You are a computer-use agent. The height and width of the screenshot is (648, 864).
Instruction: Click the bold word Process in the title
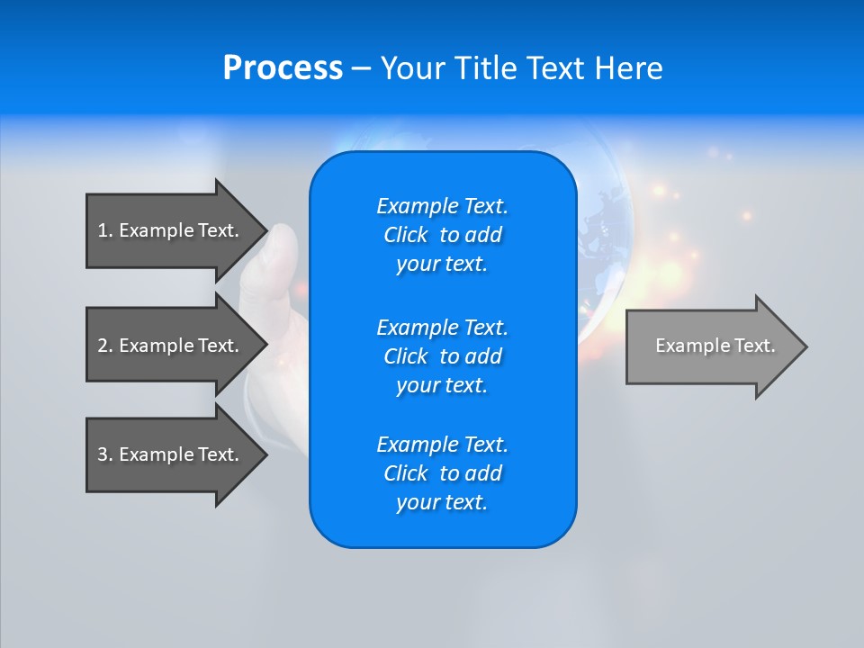(x=283, y=68)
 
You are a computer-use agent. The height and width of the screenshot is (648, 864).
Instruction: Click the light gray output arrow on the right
(x=711, y=346)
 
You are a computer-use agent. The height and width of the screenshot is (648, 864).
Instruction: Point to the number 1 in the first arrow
(x=103, y=230)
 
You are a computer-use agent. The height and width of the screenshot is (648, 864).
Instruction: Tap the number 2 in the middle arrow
(x=103, y=346)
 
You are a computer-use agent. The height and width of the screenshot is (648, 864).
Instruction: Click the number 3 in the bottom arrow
(x=103, y=454)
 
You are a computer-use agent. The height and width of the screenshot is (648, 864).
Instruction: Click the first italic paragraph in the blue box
(x=442, y=235)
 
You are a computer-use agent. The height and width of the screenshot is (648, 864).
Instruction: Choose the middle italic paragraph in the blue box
(x=442, y=355)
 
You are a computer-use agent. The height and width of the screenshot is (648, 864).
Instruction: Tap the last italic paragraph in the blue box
(x=442, y=473)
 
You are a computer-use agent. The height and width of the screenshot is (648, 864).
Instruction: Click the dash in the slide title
(x=361, y=68)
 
